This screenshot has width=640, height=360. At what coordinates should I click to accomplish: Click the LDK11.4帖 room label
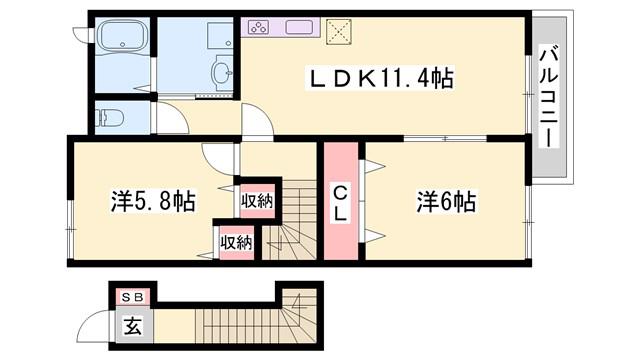tap(381, 79)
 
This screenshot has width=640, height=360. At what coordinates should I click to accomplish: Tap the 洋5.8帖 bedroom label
tap(153, 200)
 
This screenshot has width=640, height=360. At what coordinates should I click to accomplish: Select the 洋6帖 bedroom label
tap(446, 201)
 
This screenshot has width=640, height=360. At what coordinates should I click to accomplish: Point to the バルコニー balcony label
tap(549, 97)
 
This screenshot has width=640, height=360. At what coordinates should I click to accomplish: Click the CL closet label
tap(340, 203)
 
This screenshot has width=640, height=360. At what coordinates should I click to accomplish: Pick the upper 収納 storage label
tap(257, 201)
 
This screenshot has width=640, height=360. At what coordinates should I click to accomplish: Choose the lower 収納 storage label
tap(236, 243)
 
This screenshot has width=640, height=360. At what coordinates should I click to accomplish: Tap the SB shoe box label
tap(133, 298)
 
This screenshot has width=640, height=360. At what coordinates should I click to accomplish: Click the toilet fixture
tap(109, 118)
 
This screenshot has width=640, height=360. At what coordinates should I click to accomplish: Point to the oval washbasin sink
tap(222, 73)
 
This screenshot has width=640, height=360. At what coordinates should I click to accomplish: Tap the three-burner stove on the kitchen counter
tap(258, 27)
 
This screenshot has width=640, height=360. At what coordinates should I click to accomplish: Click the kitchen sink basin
tap(299, 27)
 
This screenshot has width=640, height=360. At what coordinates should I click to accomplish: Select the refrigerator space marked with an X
tap(339, 31)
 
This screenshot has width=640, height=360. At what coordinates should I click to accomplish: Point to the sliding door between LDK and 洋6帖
tap(445, 139)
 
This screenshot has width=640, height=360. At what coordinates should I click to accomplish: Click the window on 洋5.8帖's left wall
tap(70, 230)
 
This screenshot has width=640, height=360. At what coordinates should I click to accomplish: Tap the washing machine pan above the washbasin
tap(220, 37)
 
